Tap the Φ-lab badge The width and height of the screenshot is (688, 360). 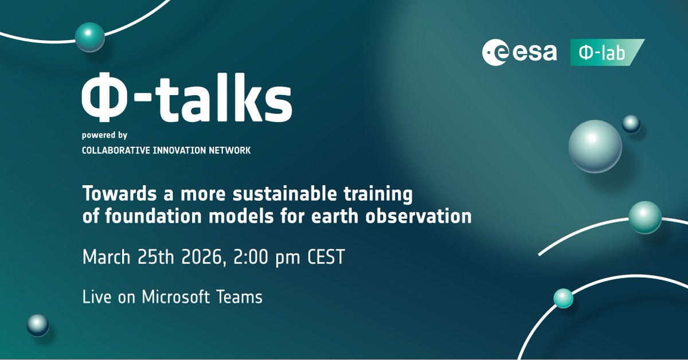(606, 52)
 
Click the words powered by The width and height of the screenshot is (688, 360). (105, 136)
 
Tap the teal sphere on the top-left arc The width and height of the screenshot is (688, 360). (90, 37)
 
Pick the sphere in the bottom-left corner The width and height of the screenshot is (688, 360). (38, 325)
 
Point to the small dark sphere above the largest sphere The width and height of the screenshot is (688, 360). (631, 123)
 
